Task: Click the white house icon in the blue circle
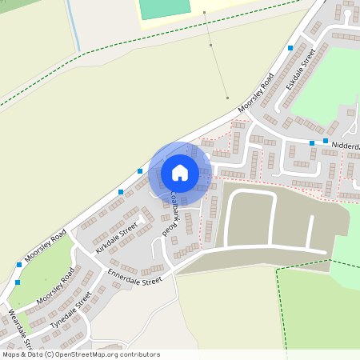(x=180, y=172)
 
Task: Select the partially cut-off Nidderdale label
(x=345, y=146)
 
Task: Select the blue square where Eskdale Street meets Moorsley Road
(x=290, y=48)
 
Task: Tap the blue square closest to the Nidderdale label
(x=326, y=142)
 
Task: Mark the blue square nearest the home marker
(x=140, y=170)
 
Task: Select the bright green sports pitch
(x=165, y=9)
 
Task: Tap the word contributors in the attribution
(x=139, y=354)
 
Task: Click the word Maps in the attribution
(x=10, y=354)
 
